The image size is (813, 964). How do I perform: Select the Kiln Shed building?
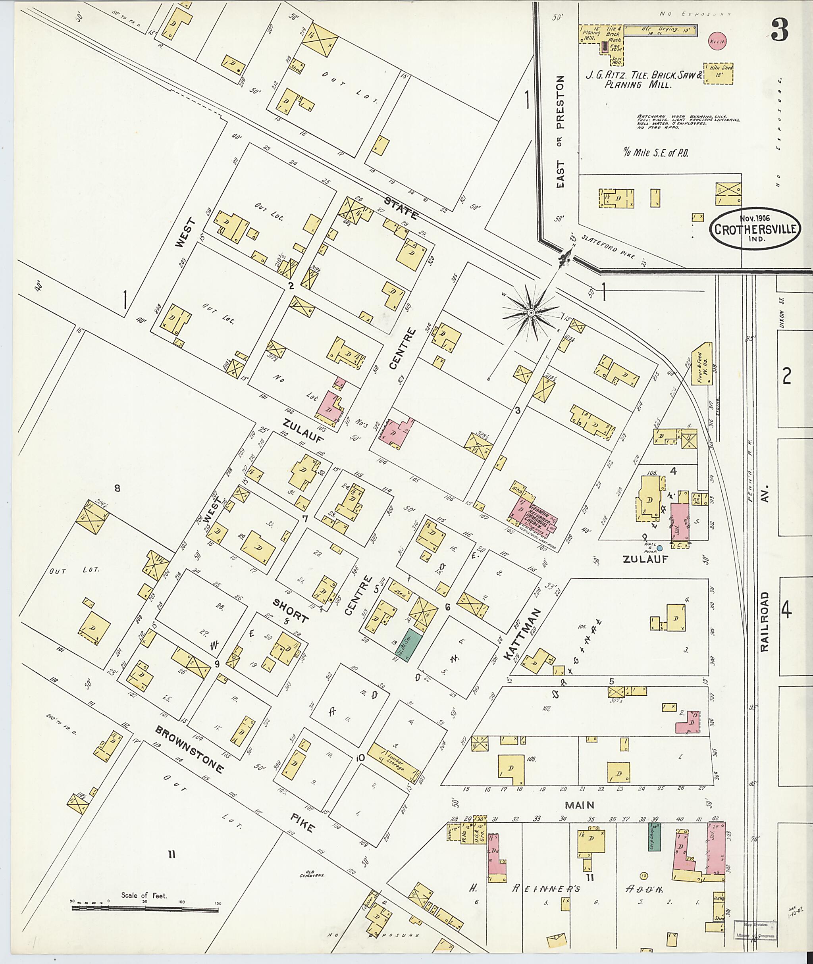point(718,74)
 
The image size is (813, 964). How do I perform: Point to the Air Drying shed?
point(660,31)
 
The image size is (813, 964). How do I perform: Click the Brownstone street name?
point(190,750)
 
